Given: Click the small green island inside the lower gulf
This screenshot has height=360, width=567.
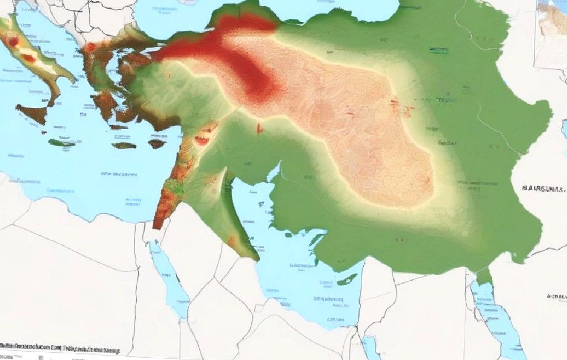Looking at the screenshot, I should click(347, 279).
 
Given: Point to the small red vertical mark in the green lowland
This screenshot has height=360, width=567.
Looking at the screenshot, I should click(259, 128).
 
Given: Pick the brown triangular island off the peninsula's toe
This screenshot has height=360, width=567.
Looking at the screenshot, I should click(31, 113).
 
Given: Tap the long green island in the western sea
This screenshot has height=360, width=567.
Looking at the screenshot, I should click(61, 143).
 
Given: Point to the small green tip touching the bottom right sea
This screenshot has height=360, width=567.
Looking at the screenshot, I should click(484, 277).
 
